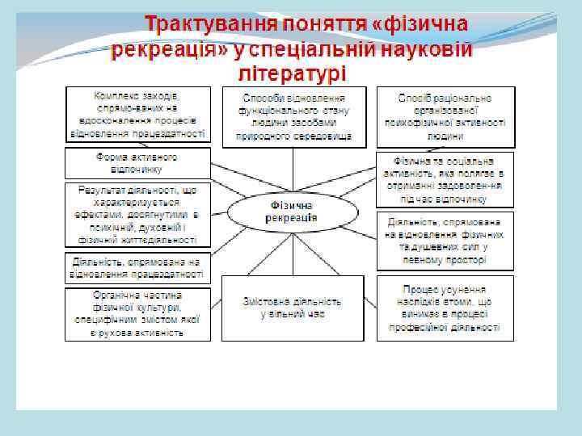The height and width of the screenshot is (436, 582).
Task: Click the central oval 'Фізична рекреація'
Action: [292, 212]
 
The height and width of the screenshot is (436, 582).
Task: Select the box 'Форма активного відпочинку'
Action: [137, 162]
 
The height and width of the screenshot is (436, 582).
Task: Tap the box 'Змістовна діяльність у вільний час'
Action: [292, 307]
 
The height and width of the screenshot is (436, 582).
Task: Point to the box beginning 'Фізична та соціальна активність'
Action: [445, 179]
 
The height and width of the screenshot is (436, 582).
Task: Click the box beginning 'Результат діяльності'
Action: [137, 214]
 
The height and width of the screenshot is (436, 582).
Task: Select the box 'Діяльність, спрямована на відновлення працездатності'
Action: [137, 268]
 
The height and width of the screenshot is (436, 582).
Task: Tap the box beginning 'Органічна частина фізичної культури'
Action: [137, 313]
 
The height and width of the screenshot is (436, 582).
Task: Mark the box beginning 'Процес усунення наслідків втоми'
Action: [445, 308]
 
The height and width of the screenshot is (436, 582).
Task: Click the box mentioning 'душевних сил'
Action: [445, 241]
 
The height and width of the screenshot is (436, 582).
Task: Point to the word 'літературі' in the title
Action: [293, 74]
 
